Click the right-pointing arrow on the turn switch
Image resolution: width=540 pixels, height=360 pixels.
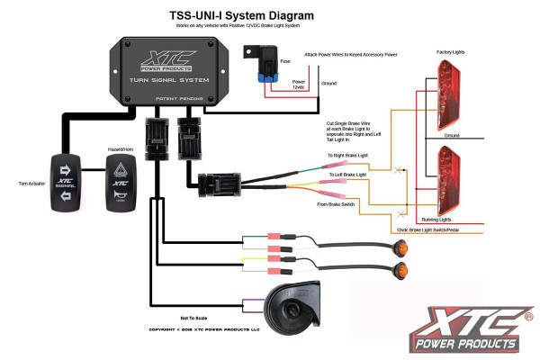[65, 169]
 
